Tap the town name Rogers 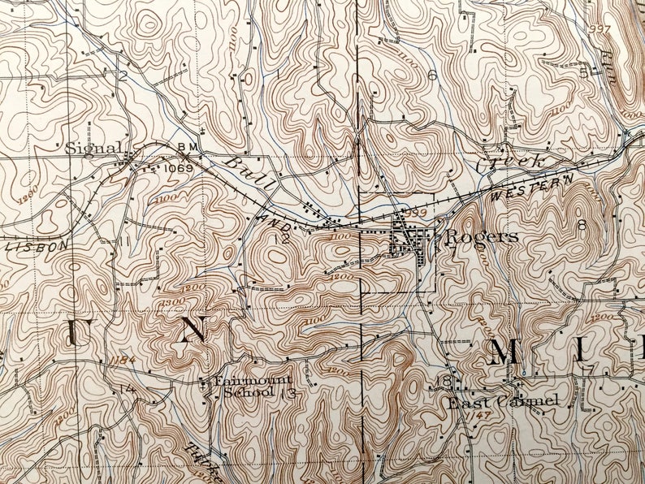(x=481, y=236)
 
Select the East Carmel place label (x=501, y=401)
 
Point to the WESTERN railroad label (x=532, y=188)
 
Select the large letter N (x=192, y=330)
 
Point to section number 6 (x=432, y=76)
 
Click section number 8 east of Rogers (x=581, y=224)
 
